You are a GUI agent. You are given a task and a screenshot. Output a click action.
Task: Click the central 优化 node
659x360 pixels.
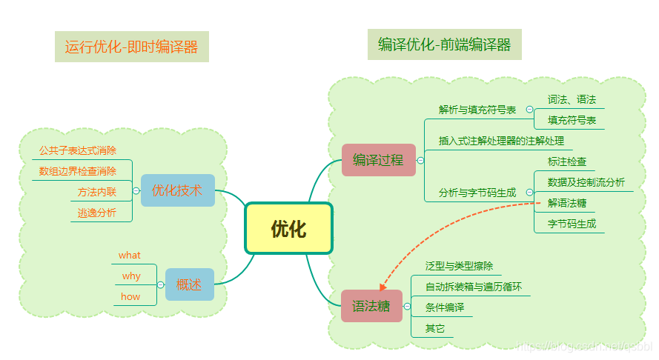pos(288,228)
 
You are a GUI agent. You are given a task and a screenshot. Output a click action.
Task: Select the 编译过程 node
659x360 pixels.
pos(378,159)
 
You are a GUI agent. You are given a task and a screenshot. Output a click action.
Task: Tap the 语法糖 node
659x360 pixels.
pos(371,306)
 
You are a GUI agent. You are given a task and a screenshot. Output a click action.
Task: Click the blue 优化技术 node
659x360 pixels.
pos(176,190)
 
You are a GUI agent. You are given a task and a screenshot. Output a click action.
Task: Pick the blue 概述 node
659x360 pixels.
pos(189,284)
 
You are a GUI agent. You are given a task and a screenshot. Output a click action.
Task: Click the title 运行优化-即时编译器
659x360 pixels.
pos(131,47)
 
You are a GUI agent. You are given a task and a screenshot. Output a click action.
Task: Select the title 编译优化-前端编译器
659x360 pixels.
pos(444,44)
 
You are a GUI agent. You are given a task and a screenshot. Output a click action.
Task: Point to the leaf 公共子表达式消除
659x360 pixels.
pos(78,150)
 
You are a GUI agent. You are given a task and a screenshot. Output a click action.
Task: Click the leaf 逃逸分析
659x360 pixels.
pos(97,213)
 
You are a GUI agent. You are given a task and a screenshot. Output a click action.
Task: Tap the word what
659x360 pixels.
pos(129,256)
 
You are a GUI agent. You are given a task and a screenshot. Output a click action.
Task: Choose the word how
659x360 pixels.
pos(130,296)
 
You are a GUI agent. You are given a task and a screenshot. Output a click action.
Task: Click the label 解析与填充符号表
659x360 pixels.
pos(477,110)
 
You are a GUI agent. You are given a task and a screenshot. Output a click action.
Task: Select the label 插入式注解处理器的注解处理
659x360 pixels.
pos(501,140)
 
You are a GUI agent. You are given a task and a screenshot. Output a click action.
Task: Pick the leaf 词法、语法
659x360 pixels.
pos(572,99)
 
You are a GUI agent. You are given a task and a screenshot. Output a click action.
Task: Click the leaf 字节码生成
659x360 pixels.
pos(572,223)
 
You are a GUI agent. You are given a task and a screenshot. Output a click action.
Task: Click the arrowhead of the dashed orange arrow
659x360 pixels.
pos(383,287)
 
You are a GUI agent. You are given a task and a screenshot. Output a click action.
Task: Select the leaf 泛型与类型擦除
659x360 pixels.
pos(459,266)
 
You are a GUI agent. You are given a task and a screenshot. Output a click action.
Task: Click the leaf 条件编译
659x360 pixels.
pos(445,307)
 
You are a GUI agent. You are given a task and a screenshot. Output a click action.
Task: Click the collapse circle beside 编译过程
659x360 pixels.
pos(420,160)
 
